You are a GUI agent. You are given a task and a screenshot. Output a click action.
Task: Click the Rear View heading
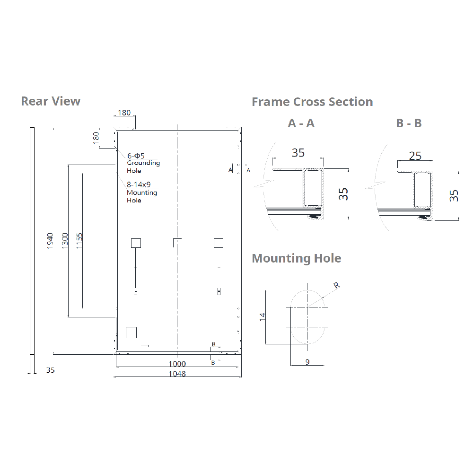[x=51, y=101]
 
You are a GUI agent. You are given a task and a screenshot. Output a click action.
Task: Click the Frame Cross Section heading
[x=312, y=102]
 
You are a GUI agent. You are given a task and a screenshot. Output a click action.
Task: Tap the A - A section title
[x=301, y=123]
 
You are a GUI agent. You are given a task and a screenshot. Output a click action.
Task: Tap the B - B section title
[x=409, y=123]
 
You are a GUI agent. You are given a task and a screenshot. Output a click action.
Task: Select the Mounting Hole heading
[x=297, y=259]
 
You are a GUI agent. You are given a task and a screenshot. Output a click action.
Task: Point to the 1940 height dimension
[x=50, y=241]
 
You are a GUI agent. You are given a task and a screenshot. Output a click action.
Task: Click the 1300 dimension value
[x=65, y=241]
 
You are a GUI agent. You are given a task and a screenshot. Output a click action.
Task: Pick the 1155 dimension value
[x=79, y=241]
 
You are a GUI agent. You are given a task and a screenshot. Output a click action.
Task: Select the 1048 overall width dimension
[x=177, y=374]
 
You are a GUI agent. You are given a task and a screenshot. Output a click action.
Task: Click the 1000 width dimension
[x=177, y=364]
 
